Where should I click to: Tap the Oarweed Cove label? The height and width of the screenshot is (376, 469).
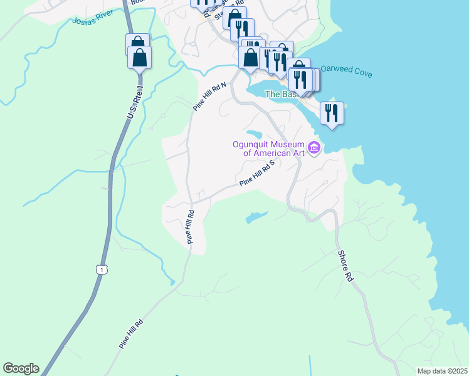pyautogui.click(x=347, y=71)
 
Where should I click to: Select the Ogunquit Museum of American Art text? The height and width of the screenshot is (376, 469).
pyautogui.click(x=269, y=148)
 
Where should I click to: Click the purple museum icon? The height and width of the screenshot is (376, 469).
pyautogui.click(x=314, y=148)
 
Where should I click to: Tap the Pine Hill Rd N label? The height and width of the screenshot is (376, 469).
pyautogui.click(x=209, y=97)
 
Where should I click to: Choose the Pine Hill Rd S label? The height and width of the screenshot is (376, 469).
pyautogui.click(x=258, y=175)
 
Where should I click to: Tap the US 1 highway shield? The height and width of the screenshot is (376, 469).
pyautogui.click(x=102, y=269)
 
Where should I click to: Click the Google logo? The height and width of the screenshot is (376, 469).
pyautogui.click(x=21, y=368)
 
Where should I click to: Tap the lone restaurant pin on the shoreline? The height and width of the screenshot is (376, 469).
pyautogui.click(x=332, y=113)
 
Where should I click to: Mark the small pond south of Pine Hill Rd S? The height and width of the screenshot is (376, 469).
pyautogui.click(x=255, y=217)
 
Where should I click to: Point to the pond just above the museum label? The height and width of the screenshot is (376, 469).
pyautogui.click(x=253, y=133)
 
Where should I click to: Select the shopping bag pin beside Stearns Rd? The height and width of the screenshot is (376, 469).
pyautogui.click(x=234, y=18)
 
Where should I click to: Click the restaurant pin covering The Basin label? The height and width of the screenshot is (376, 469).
pyautogui.click(x=300, y=79)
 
